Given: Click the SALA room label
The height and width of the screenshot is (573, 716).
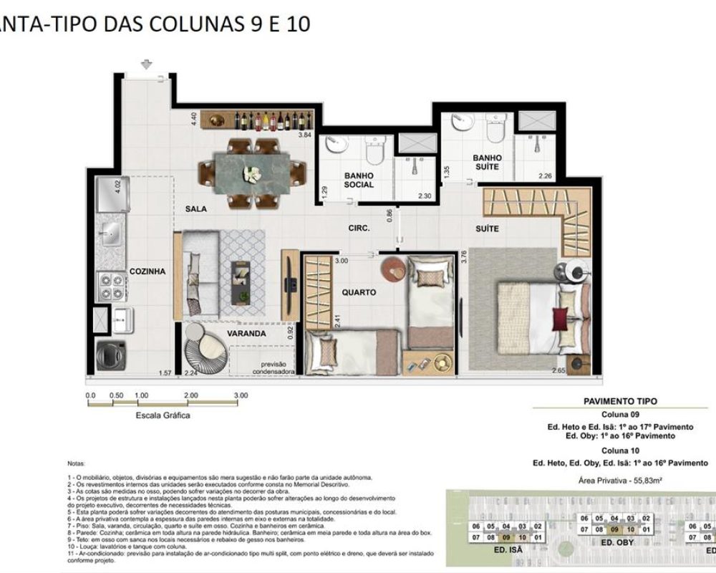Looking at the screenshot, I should click(195, 209).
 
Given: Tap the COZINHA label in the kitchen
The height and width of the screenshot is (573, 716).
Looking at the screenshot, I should click(147, 271).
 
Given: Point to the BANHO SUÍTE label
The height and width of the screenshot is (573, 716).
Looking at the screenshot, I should click(487, 162).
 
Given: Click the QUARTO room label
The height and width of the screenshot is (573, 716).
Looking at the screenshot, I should click(359, 292).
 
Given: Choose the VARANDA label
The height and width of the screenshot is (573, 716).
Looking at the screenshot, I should click(247, 333).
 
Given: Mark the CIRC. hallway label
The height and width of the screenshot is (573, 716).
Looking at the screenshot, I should click(359, 228).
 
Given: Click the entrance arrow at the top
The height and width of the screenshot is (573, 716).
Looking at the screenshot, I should click(147, 65).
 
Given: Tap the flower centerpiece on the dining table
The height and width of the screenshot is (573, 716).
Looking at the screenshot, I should click(251, 173).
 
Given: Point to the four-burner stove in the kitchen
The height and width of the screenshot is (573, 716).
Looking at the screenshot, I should click(112, 286).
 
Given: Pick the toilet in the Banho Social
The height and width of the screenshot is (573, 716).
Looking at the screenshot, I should click(374, 151).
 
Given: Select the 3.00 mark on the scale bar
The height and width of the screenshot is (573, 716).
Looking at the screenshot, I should click(241, 395).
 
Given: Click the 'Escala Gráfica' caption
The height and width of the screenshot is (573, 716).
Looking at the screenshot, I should click(163, 415).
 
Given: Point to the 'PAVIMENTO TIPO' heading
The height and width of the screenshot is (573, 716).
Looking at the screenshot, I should click(621, 402).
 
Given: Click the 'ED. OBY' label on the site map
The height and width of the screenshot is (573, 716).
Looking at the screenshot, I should click(615, 543).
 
